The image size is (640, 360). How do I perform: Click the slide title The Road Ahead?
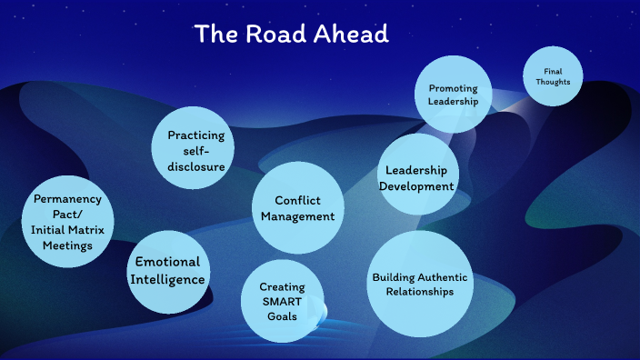[x=291, y=35]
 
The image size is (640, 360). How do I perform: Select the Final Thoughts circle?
[x=552, y=76]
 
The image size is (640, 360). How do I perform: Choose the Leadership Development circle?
[x=418, y=176]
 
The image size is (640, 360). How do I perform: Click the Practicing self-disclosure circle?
[x=195, y=150]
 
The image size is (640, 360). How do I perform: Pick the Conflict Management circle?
[x=297, y=208]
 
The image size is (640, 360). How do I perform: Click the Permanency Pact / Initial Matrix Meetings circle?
[x=67, y=222]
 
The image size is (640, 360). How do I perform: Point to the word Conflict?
[x=297, y=200]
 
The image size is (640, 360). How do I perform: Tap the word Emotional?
[x=168, y=262]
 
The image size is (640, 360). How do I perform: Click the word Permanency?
[x=67, y=198]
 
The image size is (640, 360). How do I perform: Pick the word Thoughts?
[x=552, y=82]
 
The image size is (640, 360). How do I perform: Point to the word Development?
[x=418, y=185]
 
